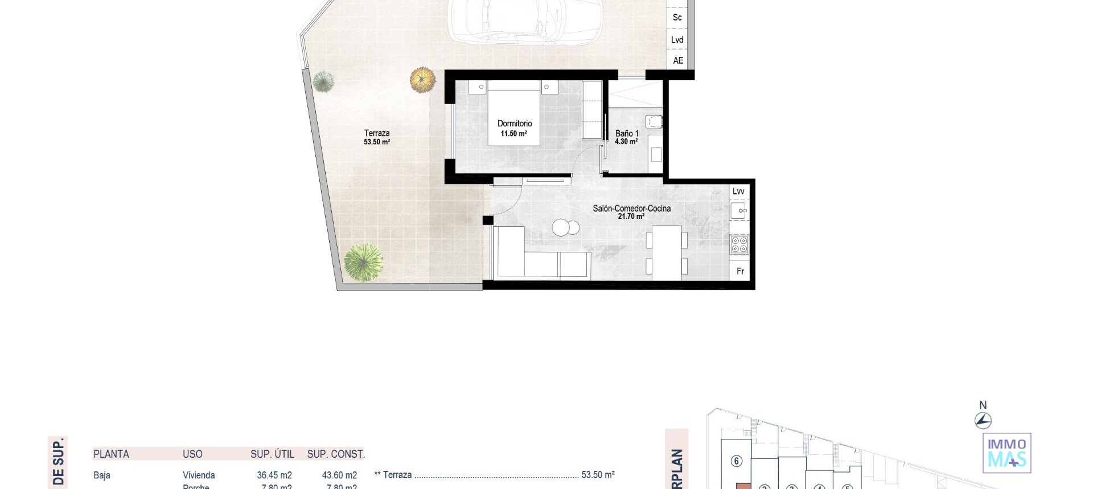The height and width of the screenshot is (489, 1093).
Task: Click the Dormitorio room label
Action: (x=515, y=123)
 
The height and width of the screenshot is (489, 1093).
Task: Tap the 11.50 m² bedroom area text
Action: (x=513, y=134)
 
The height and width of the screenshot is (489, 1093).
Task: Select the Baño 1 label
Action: (x=627, y=134)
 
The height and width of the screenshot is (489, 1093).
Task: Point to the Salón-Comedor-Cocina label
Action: (x=631, y=208)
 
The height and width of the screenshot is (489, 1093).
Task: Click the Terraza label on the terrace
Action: (x=377, y=133)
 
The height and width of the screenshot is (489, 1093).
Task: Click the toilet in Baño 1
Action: (x=654, y=122)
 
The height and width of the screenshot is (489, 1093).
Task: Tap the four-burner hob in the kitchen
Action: (x=739, y=245)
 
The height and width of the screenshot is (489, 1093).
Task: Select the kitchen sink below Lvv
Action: (x=738, y=211)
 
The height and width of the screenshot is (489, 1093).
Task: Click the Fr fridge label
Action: (x=740, y=271)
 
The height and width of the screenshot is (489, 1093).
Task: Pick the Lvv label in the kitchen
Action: (x=738, y=191)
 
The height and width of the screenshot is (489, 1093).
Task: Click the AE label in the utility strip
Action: (x=678, y=60)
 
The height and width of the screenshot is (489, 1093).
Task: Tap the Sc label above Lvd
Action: (x=677, y=17)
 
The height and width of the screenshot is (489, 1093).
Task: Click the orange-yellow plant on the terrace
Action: (x=422, y=80)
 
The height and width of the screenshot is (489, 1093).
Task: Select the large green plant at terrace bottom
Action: (x=363, y=262)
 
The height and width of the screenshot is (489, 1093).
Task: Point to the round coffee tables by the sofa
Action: (x=565, y=227)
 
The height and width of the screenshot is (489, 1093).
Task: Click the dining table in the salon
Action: (x=667, y=252)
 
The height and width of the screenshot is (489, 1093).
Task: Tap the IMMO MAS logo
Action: (x=1006, y=453)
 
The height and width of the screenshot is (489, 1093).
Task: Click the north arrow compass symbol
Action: (x=983, y=420)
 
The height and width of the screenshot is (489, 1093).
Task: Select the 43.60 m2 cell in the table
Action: (x=339, y=475)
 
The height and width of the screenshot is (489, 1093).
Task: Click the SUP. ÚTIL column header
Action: (x=272, y=454)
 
